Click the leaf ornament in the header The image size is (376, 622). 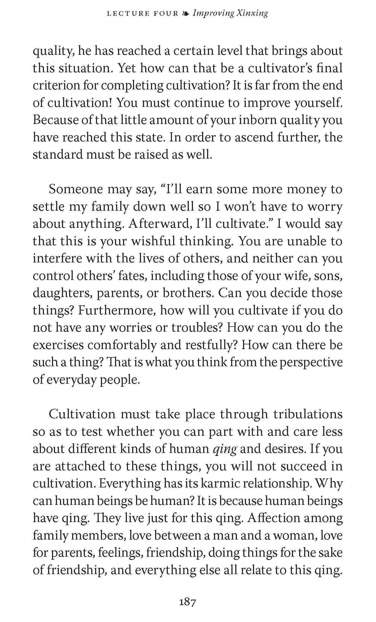pyautogui.click(x=186, y=14)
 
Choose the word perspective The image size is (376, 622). pyautogui.click(x=311, y=362)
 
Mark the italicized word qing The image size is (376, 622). pyautogui.click(x=225, y=449)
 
